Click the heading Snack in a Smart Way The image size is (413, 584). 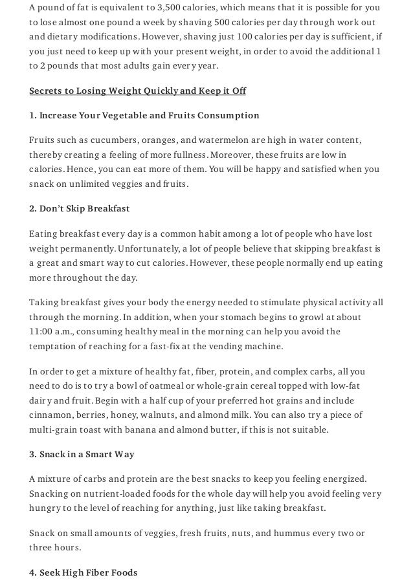point(82,455)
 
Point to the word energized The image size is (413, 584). point(345,479)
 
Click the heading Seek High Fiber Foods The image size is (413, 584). point(84,573)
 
